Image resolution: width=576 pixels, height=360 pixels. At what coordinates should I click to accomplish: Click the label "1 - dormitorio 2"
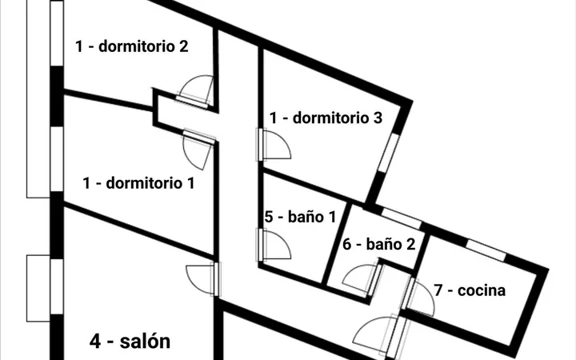click(x=132, y=46)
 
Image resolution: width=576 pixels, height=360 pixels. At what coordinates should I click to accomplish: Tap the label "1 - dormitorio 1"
click(x=139, y=183)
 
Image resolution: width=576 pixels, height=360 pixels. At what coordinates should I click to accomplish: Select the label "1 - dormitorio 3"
click(x=326, y=118)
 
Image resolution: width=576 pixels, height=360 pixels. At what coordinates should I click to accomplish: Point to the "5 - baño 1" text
click(x=300, y=217)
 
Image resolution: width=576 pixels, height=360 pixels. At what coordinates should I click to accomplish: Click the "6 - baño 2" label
click(x=378, y=244)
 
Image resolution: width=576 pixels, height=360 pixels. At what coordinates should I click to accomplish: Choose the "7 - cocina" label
click(x=470, y=290)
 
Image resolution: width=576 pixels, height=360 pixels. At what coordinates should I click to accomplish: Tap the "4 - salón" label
click(x=130, y=342)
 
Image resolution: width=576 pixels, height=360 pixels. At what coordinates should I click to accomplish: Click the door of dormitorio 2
click(x=194, y=92)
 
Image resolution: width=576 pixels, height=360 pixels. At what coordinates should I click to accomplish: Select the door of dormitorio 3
click(x=274, y=144)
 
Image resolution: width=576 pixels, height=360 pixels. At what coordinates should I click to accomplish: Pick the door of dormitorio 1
click(x=198, y=149)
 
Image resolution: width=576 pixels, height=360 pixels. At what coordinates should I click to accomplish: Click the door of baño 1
click(x=274, y=245)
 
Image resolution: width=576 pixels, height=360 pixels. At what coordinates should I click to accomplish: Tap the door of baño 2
click(x=362, y=279)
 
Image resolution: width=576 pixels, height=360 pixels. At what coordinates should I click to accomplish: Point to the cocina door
click(x=418, y=296)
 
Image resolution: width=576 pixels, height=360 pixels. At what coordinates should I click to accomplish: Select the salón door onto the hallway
click(x=203, y=279)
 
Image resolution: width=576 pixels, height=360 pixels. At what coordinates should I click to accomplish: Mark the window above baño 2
click(x=402, y=218)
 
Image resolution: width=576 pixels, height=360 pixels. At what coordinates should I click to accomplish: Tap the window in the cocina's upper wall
click(x=486, y=250)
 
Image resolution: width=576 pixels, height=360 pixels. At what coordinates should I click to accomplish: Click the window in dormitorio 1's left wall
click(x=57, y=158)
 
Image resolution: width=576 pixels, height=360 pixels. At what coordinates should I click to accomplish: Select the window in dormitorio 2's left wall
click(x=57, y=34)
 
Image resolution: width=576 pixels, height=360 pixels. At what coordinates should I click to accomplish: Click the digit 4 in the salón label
click(x=94, y=342)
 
